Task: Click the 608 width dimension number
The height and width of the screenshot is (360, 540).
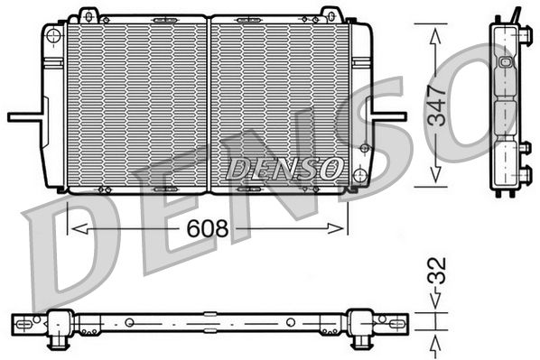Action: pyautogui.click(x=208, y=228)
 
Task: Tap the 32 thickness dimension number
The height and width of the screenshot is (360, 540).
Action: pyautogui.click(x=437, y=271)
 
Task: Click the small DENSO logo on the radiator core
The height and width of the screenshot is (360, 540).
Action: pyautogui.click(x=284, y=169)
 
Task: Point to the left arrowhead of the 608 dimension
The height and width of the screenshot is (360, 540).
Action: pyautogui.click(x=79, y=228)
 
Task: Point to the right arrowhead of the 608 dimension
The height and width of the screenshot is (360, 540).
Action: pyautogui.click(x=335, y=228)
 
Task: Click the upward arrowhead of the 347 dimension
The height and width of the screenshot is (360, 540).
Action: pyautogui.click(x=435, y=36)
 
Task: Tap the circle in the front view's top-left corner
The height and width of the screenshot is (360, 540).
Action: pyautogui.click(x=53, y=35)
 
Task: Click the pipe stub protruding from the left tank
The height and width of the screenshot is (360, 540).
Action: pyautogui.click(x=26, y=117)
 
